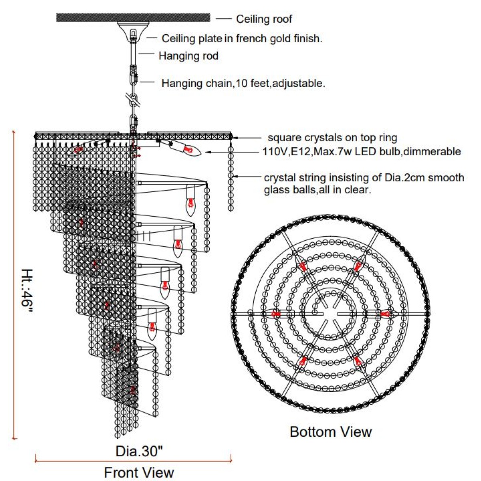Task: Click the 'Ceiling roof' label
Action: point(264,19)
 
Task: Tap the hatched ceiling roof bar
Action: point(133,18)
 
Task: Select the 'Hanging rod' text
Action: point(188,56)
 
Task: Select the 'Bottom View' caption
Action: point(331,424)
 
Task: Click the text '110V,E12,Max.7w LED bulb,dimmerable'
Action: point(362,152)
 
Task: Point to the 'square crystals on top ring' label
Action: point(332,137)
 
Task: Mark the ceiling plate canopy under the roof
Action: point(133,32)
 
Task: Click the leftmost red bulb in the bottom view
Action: point(275,314)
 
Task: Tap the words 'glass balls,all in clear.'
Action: point(317,190)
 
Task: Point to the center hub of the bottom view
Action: point(330,314)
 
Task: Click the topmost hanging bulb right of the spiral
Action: point(191,201)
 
